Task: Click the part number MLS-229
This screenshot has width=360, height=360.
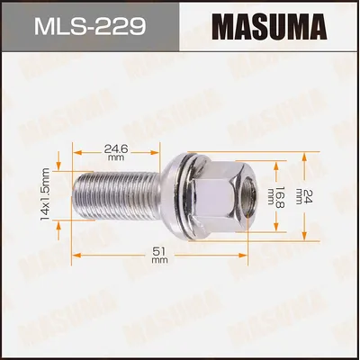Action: pyautogui.click(x=90, y=26)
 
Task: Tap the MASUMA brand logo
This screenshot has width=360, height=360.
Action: pyautogui.click(x=270, y=26)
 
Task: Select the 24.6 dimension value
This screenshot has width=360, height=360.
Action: pyautogui.click(x=116, y=148)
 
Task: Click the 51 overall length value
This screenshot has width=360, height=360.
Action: pyautogui.click(x=159, y=251)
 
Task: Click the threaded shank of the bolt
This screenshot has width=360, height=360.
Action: pyautogui.click(x=118, y=195)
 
